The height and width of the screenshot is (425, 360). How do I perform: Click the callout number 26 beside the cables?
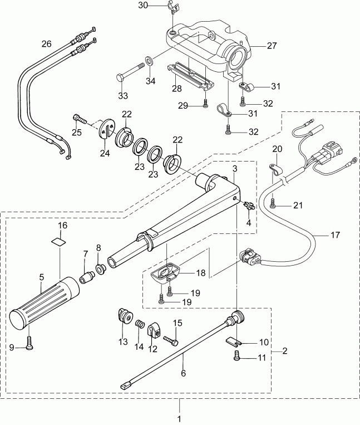pyautogui.click(x=46, y=42)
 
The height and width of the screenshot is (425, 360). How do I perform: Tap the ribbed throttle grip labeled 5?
pyautogui.click(x=45, y=301)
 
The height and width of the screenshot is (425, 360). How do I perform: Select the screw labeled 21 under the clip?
pyautogui.click(x=272, y=204)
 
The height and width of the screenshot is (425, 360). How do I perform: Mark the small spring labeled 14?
pyautogui.click(x=140, y=324)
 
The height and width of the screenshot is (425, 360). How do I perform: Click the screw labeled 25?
pyautogui.click(x=79, y=119)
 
